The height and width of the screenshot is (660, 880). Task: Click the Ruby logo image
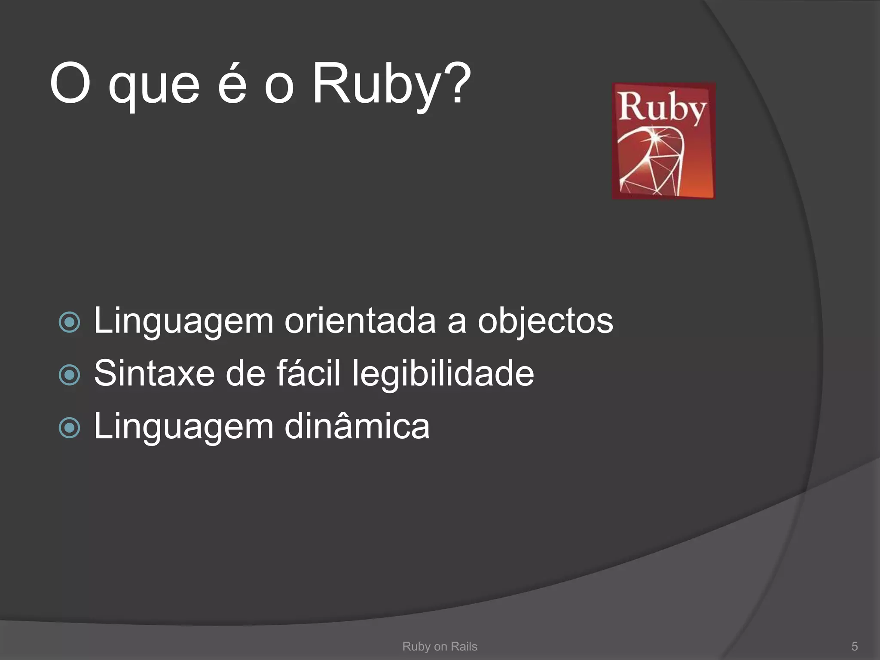tap(663, 141)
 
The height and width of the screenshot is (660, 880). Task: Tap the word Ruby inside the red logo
tap(662, 107)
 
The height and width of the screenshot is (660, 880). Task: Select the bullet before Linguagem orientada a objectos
tap(70, 322)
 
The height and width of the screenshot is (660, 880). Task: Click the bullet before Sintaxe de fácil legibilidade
tap(70, 375)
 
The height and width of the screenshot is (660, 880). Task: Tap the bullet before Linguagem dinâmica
tap(70, 428)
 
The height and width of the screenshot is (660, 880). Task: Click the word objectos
tap(545, 321)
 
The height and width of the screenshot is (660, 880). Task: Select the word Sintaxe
tap(154, 373)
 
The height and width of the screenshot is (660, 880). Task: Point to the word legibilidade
tap(443, 374)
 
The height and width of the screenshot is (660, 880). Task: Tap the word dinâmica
tap(357, 426)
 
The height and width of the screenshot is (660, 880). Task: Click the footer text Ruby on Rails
tap(440, 646)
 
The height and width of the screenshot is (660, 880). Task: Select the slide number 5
tap(854, 646)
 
